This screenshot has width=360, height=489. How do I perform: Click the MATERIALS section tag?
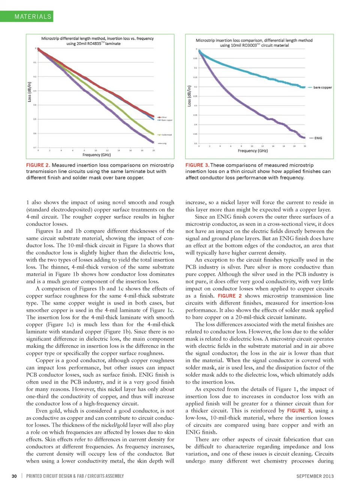pyautogui.click(x=33, y=16)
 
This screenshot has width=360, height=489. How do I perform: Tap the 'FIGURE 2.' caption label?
pyautogui.click(x=38, y=165)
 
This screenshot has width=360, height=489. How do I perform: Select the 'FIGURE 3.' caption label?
pyautogui.click(x=197, y=165)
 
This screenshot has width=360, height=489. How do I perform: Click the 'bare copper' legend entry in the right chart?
pyautogui.click(x=322, y=87)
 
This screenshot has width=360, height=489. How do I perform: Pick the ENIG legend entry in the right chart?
pyautogui.click(x=318, y=138)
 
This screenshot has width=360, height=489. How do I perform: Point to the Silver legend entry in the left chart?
pyautogui.click(x=164, y=117)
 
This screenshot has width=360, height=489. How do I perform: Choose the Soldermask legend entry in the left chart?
pyautogui.click(x=166, y=135)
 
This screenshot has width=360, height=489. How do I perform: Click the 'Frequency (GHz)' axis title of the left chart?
pyautogui.click(x=97, y=155)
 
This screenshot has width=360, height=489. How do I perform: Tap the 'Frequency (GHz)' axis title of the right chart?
pyautogui.click(x=253, y=151)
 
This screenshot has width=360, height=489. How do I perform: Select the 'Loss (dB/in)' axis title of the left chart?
pyautogui.click(x=30, y=92)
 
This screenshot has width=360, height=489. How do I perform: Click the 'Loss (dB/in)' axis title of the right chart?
pyautogui.click(x=189, y=96)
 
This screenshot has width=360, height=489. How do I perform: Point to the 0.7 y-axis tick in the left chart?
pyautogui.click(x=35, y=147)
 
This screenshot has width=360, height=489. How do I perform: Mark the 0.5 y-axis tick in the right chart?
pyautogui.click(x=195, y=143)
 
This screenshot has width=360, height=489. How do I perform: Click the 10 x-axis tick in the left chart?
pyautogui.click(x=96, y=150)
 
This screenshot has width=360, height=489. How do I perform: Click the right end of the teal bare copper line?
pyautogui.click(x=305, y=87)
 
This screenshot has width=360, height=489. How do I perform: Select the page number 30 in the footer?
pyautogui.click(x=14, y=476)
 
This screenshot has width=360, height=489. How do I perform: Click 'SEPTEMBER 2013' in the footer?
pyautogui.click(x=315, y=476)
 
